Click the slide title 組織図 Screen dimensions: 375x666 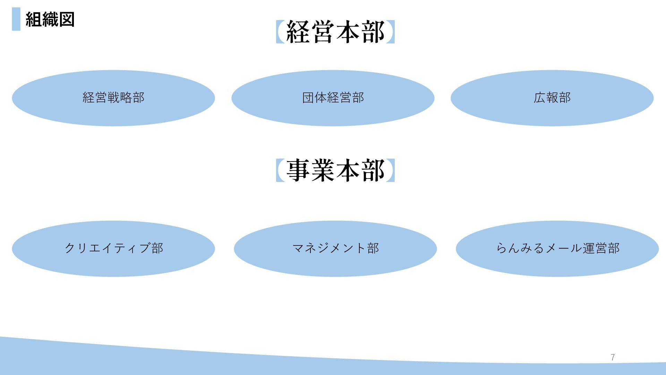click(50, 19)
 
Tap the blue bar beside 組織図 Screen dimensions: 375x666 click(16, 19)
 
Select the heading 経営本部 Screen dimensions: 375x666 click(335, 32)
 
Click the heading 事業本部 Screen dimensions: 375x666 click(335, 170)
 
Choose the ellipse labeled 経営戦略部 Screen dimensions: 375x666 click(113, 98)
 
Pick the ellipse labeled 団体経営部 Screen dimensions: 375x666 click(333, 98)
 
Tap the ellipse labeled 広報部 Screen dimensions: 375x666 click(552, 98)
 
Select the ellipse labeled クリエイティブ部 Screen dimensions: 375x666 click(113, 249)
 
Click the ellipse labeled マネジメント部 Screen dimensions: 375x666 click(335, 249)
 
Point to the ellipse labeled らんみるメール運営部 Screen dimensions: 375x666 click(557, 249)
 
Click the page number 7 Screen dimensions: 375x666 click(613, 357)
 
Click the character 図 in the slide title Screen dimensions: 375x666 click(67, 19)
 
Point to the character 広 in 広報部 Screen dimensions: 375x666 click(540, 98)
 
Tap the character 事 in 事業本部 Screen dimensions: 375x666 click(298, 170)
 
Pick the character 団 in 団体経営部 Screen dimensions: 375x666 click(308, 98)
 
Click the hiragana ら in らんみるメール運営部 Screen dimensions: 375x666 click(502, 249)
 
